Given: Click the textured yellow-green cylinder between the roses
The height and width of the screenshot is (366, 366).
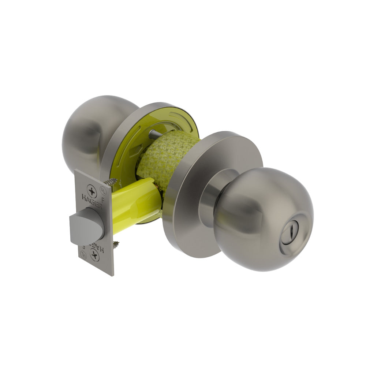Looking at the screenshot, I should tap(165, 157).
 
